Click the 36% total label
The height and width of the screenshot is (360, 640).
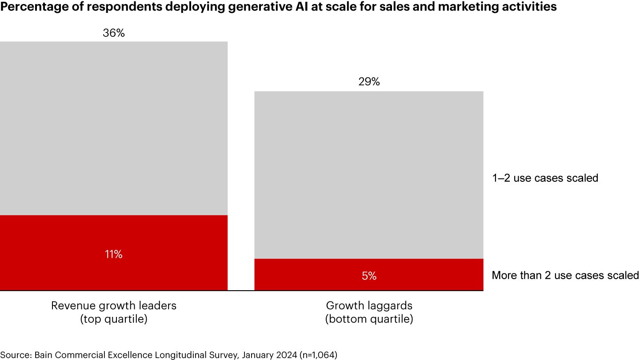point(114,33)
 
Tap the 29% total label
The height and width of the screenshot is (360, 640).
point(369,82)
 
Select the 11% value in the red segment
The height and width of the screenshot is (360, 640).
point(114,254)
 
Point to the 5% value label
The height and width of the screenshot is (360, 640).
point(369,276)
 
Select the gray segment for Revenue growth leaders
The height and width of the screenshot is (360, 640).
point(114,129)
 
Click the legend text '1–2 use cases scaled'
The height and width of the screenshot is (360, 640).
point(545,178)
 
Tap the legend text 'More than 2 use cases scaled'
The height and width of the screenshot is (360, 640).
point(565,276)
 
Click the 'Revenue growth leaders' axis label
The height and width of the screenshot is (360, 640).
point(114,306)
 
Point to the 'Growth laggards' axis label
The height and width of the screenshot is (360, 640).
point(369,306)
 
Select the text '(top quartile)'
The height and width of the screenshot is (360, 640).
point(114,319)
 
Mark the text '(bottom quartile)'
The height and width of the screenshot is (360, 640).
point(369,319)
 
